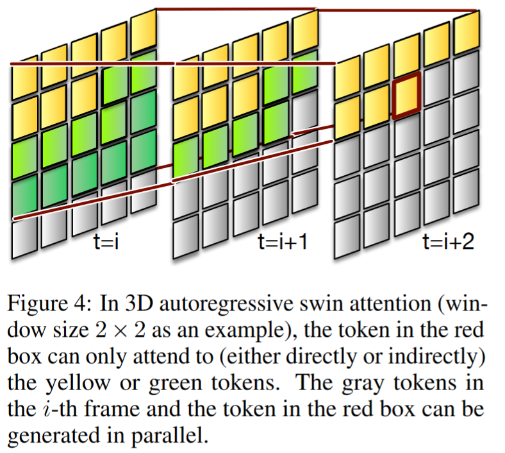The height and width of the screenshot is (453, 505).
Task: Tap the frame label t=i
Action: click(x=106, y=243)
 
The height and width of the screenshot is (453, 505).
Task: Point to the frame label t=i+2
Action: click(x=448, y=243)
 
